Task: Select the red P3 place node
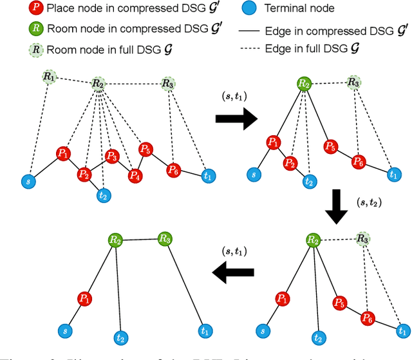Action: tap(112, 155)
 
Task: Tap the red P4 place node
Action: tap(135, 175)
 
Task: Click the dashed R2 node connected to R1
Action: tap(98, 83)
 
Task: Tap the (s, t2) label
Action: tap(371, 203)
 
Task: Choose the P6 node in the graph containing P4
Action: tap(173, 170)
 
